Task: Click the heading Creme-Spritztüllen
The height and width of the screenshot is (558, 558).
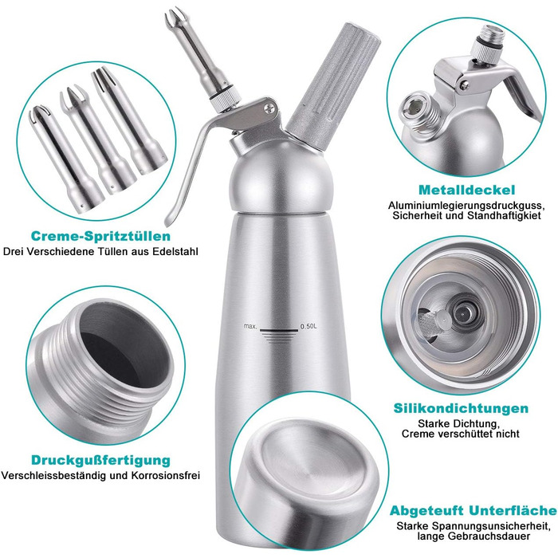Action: pos(100,236)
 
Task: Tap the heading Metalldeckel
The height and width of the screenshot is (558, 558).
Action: pos(467,190)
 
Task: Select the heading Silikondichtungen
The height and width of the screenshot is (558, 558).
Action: pos(461,408)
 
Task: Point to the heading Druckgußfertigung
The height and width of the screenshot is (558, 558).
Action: pos(100,460)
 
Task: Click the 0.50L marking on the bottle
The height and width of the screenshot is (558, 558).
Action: pos(308,326)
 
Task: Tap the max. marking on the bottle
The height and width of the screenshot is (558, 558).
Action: pos(250,326)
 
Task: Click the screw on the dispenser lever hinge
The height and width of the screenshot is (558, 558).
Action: pos(270,108)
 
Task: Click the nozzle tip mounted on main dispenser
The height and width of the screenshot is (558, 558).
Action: pos(198,57)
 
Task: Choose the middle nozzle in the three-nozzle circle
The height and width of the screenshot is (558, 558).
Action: pos(96,139)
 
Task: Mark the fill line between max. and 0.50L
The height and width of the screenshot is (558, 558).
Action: pos(279,331)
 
